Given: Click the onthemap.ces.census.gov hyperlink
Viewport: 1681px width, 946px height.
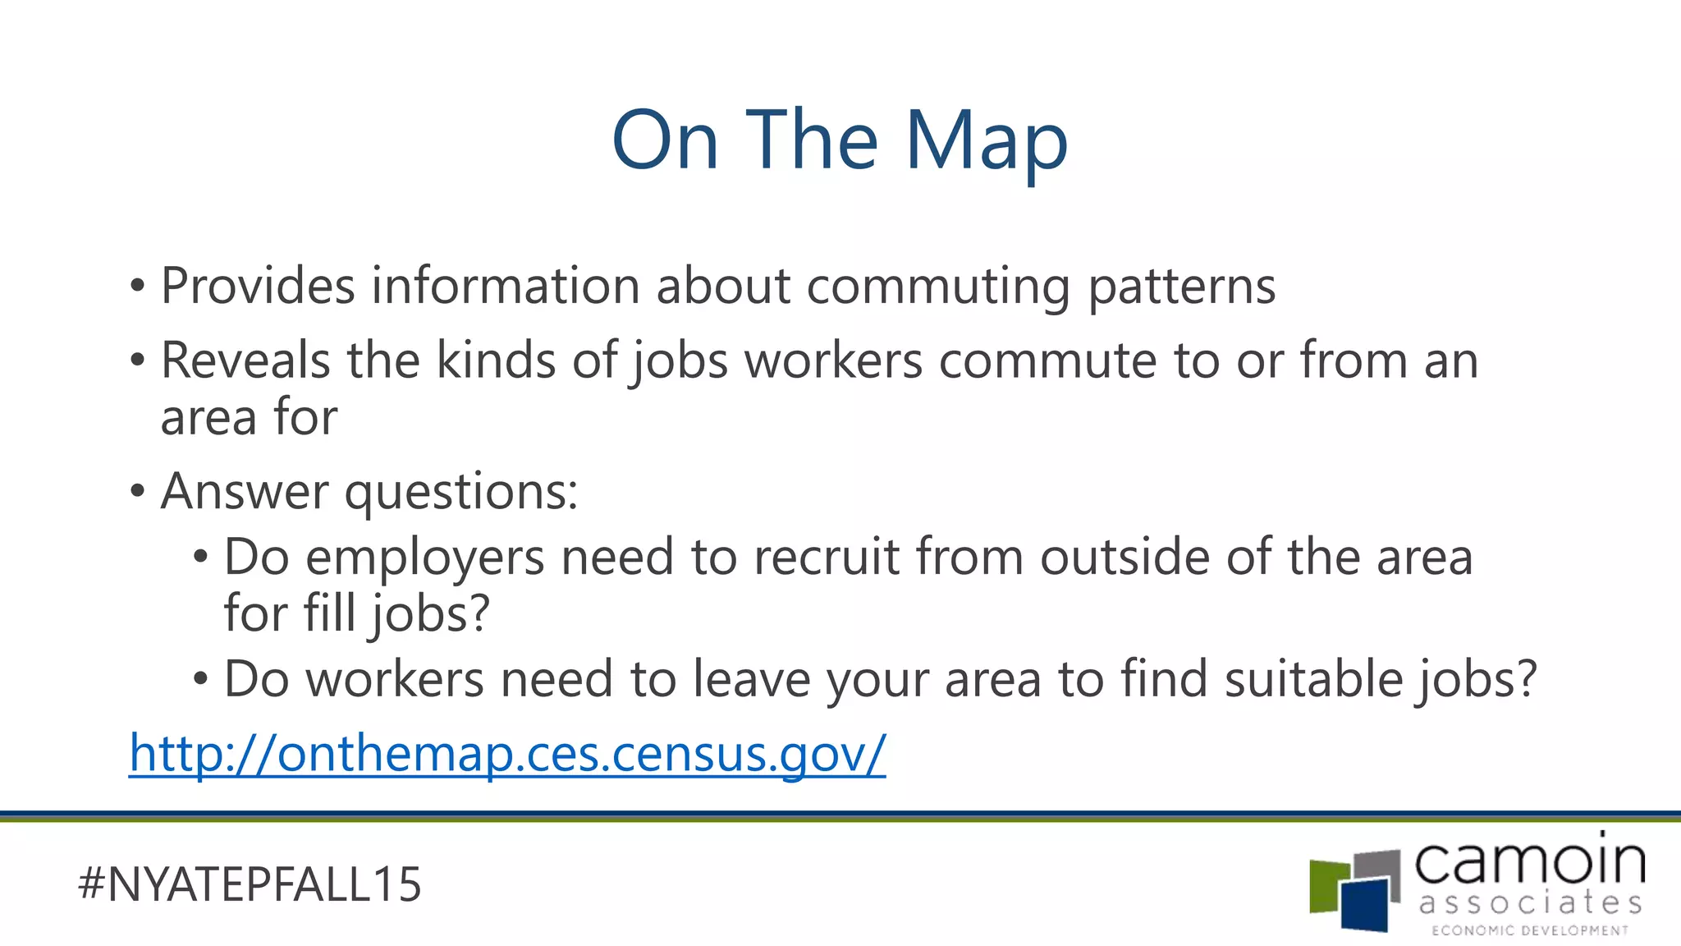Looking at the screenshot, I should (507, 753).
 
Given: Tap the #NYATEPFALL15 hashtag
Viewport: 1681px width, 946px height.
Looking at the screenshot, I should (250, 884).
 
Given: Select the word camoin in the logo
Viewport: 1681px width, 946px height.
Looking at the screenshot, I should (1530, 861).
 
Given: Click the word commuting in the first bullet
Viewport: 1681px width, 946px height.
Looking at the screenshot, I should (938, 287).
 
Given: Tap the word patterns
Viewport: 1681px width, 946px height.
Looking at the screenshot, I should (1181, 287).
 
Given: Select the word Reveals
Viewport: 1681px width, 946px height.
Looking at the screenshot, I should (245, 360).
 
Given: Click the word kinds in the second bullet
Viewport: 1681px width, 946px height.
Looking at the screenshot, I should (496, 360).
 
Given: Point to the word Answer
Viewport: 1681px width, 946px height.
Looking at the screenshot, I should (244, 491).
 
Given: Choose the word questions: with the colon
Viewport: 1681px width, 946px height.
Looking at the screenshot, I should (460, 493).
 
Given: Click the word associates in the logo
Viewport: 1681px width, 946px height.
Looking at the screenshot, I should (1530, 903).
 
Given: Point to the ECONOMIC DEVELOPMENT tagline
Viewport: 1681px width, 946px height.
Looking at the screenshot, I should (1530, 930).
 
